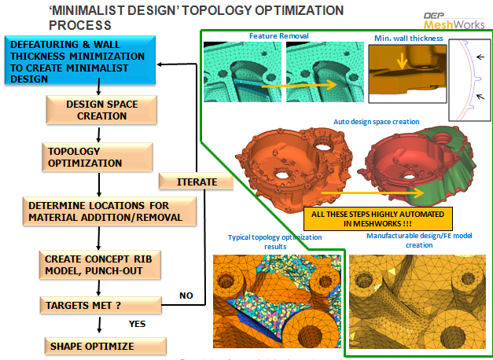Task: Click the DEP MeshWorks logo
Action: coord(460,17)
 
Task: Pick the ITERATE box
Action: coord(197,182)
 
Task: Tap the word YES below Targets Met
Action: coord(138,323)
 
